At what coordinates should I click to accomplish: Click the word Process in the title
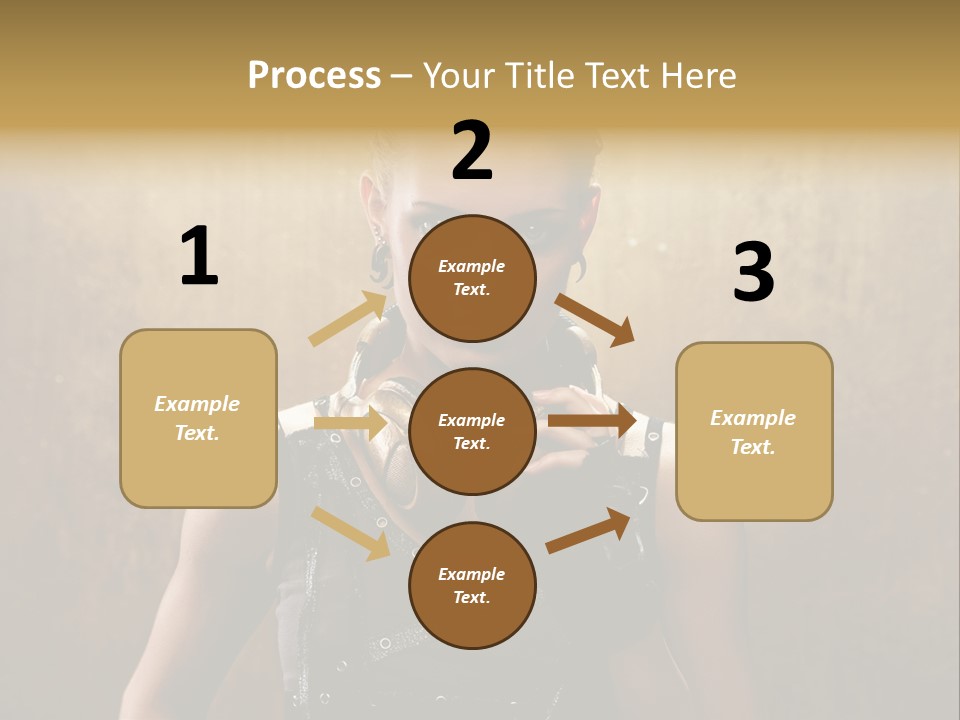tap(314, 76)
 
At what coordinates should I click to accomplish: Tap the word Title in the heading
tap(539, 76)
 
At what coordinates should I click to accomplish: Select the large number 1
tap(199, 257)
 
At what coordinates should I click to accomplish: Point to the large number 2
tap(472, 151)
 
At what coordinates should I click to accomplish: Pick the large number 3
tap(753, 273)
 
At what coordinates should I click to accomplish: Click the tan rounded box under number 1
tap(198, 418)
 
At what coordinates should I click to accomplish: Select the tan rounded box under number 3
tap(754, 432)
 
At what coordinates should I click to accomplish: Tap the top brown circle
tap(472, 278)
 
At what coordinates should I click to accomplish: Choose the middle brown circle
tap(472, 431)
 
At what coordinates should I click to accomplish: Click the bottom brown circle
tap(472, 585)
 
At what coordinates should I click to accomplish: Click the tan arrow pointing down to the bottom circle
tap(350, 532)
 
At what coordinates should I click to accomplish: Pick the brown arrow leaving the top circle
tap(594, 319)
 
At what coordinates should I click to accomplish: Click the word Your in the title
tap(462, 76)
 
